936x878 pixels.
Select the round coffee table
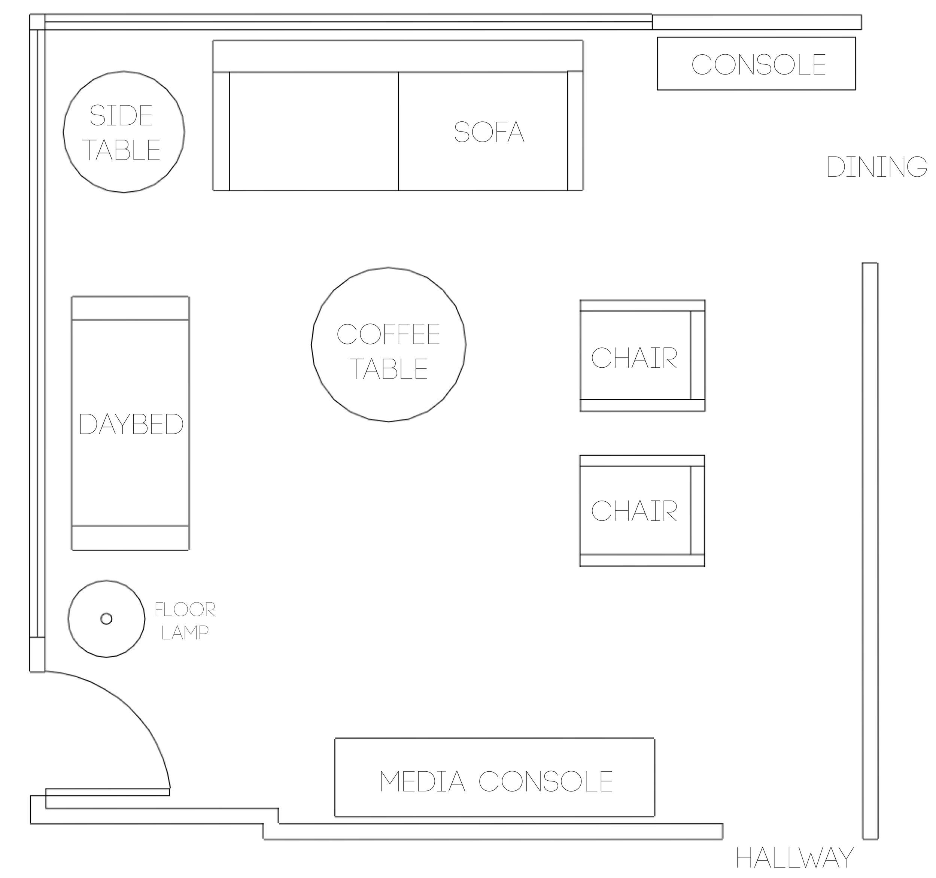[x=388, y=344]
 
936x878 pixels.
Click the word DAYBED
[x=131, y=425]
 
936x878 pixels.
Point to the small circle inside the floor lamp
[x=106, y=619]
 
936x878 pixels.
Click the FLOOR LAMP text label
[x=185, y=621]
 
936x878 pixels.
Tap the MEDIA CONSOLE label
[x=496, y=781]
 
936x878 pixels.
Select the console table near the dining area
[x=756, y=64]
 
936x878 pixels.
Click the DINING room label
[x=877, y=167]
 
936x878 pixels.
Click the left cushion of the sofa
[x=314, y=132]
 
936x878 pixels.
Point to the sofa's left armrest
[x=221, y=132]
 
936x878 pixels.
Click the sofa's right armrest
[x=575, y=132]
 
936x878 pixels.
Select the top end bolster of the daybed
[x=130, y=309]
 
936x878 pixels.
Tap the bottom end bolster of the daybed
[x=130, y=538]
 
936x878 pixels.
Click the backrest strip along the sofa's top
[x=398, y=56]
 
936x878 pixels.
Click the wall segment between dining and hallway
[x=870, y=551]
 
